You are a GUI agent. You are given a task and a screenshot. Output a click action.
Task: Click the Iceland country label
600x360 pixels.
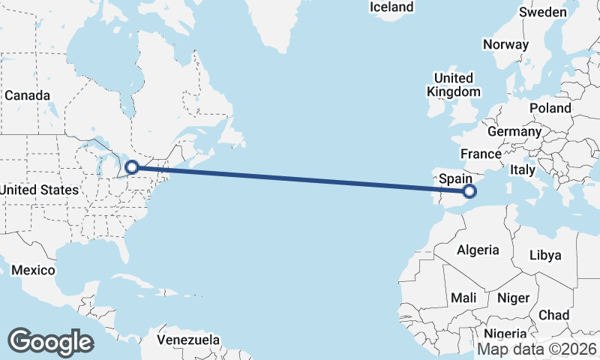(x=391, y=7)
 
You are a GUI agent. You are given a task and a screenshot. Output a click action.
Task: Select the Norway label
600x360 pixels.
(x=505, y=44)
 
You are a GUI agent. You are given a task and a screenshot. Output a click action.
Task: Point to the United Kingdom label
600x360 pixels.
(x=454, y=85)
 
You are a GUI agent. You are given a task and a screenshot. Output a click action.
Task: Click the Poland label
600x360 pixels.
(x=550, y=108)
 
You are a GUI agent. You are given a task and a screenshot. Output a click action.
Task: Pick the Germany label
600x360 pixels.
(x=514, y=131)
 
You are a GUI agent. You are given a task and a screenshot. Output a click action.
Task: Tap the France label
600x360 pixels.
(x=481, y=154)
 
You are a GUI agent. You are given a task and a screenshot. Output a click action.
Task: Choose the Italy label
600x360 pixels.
(x=522, y=171)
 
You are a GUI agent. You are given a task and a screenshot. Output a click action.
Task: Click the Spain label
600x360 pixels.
(x=455, y=178)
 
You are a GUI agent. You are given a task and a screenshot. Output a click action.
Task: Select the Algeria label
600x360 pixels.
(x=478, y=250)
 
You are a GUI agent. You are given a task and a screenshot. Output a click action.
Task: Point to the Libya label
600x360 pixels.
(x=544, y=255)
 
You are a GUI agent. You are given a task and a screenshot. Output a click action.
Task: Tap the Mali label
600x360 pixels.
(x=463, y=298)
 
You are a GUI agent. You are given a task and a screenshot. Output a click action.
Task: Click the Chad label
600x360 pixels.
(x=553, y=315)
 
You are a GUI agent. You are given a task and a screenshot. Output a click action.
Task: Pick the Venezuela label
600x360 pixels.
(x=188, y=339)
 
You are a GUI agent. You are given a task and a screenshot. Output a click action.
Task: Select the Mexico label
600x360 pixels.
(x=33, y=270)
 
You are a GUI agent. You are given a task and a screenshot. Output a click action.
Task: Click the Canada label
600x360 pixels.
(x=27, y=95)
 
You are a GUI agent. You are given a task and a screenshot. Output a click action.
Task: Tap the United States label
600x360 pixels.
(x=39, y=190)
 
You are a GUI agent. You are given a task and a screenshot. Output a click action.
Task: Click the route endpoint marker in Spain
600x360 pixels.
(x=470, y=192)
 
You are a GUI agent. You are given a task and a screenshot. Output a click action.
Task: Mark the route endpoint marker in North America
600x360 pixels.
(x=131, y=167)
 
